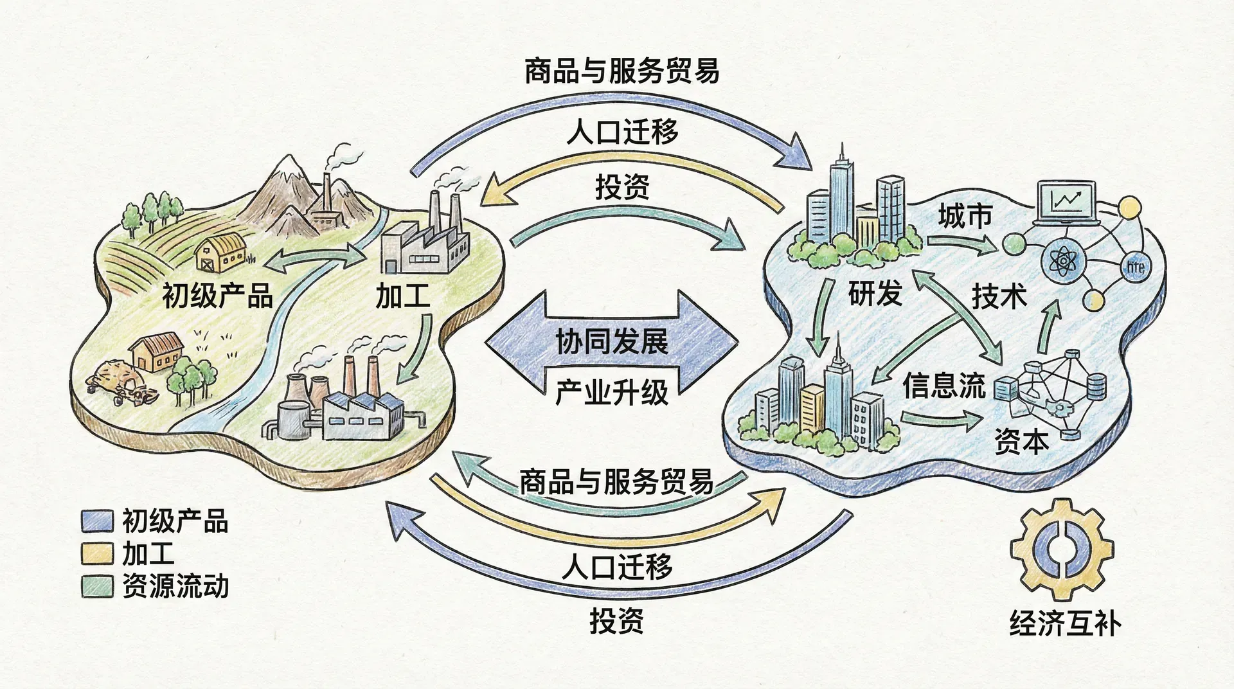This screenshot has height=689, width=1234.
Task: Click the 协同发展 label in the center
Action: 611,341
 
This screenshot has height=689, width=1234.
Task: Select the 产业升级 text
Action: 611,392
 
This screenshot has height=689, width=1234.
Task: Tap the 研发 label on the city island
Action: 875,294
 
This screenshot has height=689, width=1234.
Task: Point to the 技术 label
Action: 999,296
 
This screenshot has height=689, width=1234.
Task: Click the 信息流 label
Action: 943,386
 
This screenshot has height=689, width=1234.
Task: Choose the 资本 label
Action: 1021,442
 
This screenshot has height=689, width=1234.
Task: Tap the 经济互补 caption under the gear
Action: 1065,623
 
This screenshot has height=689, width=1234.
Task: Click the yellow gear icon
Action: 1062,550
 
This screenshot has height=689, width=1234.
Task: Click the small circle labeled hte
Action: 1135,266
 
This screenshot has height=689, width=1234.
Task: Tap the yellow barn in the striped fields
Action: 221,253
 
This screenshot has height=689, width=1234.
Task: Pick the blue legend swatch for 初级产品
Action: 97,521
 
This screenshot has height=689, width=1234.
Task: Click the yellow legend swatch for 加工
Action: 97,553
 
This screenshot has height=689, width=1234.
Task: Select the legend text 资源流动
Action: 175,586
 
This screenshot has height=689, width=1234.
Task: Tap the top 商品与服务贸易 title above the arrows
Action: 621,71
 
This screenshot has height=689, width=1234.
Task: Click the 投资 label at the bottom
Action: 616,621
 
